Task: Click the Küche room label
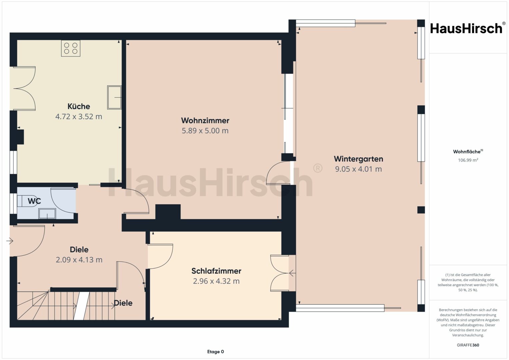[79, 106]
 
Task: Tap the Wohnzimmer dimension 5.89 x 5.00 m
[205, 131]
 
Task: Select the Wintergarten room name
[358, 159]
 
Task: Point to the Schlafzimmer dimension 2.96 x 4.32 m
[216, 281]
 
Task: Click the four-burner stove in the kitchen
[71, 48]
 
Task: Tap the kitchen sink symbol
[114, 97]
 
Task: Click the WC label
[34, 201]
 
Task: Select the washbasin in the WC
[47, 214]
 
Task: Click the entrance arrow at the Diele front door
[10, 241]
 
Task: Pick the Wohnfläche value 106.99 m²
[468, 160]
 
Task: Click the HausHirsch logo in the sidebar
[468, 28]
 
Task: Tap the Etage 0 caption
[215, 352]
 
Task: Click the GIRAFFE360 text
[468, 345]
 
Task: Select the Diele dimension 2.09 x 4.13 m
[79, 260]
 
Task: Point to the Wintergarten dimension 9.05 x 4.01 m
[358, 169]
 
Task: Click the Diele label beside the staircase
[123, 303]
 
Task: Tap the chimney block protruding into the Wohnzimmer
[168, 212]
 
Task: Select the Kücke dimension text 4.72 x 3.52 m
[79, 117]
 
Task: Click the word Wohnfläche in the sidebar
[467, 152]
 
